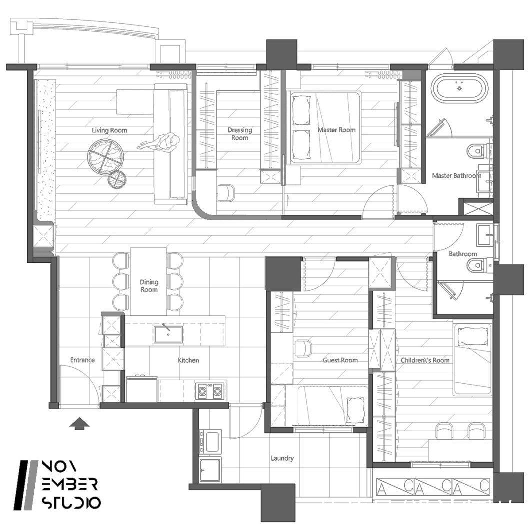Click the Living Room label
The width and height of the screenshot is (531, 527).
click(x=109, y=130)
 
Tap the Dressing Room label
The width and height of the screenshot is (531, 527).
click(x=240, y=134)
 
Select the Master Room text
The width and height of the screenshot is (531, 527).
click(x=336, y=130)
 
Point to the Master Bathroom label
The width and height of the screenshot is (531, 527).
click(x=456, y=176)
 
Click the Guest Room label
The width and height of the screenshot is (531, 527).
click(x=340, y=360)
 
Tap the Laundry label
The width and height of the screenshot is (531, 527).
click(x=282, y=458)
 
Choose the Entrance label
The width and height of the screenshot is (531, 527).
click(x=82, y=360)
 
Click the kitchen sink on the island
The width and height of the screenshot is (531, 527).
click(x=168, y=334)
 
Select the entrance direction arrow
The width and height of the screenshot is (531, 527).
click(x=79, y=424)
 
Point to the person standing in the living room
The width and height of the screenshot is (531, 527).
click(x=159, y=142)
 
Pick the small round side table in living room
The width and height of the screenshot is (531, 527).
click(x=117, y=179)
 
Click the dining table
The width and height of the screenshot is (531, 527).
click(x=149, y=282)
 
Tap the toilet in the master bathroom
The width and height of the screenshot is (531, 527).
click(x=478, y=151)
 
